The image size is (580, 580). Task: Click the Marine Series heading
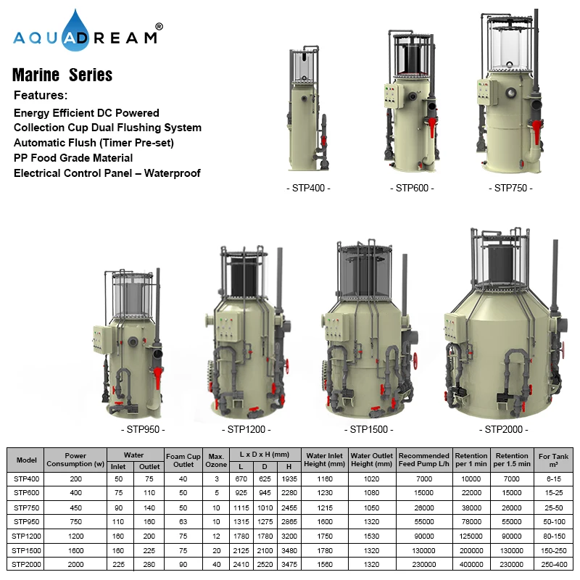(62, 75)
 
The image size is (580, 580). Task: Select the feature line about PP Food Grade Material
(73, 157)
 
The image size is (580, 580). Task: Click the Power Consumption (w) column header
(75, 460)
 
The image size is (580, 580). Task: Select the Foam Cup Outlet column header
(180, 460)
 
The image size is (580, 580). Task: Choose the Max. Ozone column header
(215, 460)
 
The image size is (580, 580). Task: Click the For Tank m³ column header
(554, 460)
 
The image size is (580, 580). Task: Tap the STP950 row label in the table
(26, 522)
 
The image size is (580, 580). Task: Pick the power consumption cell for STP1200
(75, 536)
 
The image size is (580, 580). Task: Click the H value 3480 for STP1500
(289, 551)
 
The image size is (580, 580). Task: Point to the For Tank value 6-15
(554, 478)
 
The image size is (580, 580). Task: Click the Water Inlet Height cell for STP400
(325, 478)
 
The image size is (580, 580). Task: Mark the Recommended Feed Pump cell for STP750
(423, 507)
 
